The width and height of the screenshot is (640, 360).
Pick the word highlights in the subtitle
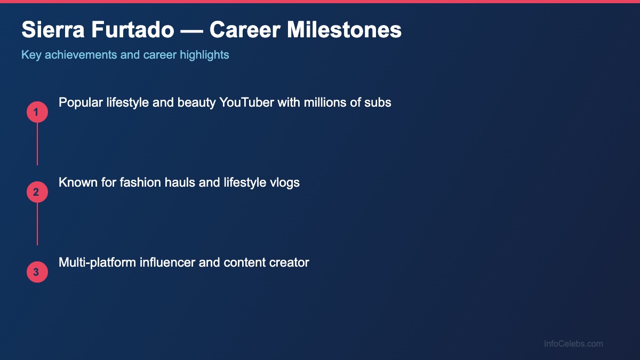[205, 55]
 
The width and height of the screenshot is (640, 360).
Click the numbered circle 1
[37, 113]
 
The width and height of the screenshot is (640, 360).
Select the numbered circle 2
[37, 193]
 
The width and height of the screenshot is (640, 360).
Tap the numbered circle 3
[37, 273]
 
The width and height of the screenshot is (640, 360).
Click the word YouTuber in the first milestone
[246, 102]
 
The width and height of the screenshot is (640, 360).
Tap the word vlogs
[285, 182]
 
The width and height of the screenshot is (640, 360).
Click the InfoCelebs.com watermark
[573, 344]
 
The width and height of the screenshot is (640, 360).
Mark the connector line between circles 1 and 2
[37, 144]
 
